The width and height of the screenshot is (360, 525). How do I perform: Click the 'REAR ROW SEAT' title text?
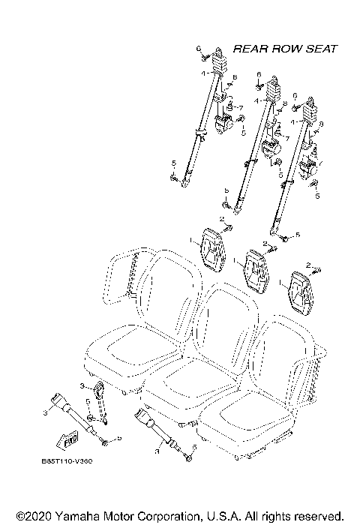(285, 49)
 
